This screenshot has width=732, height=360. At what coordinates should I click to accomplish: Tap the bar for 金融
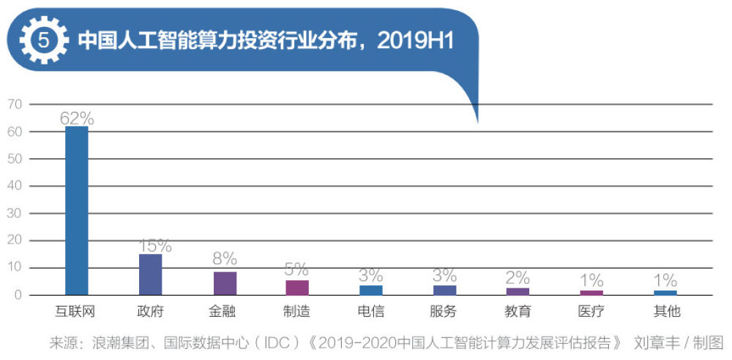(225, 283)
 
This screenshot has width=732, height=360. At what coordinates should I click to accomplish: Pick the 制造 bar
(297, 288)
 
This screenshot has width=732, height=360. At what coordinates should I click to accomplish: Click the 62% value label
(77, 117)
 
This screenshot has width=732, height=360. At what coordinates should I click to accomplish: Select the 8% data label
(225, 259)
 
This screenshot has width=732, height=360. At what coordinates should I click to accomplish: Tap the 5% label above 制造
(297, 269)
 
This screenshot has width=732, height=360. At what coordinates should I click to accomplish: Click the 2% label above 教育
(518, 277)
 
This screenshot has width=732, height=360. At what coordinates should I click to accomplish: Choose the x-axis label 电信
(371, 312)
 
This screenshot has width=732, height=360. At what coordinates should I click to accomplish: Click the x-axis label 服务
(444, 312)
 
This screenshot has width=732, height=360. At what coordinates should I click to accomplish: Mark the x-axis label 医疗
(591, 312)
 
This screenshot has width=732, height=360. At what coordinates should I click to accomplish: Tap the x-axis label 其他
(666, 312)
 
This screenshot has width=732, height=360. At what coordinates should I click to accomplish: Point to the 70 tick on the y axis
(15, 105)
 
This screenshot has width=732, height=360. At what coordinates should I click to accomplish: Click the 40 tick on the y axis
(15, 186)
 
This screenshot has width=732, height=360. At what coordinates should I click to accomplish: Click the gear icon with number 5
(43, 40)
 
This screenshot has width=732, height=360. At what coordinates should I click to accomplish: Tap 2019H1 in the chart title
(415, 40)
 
